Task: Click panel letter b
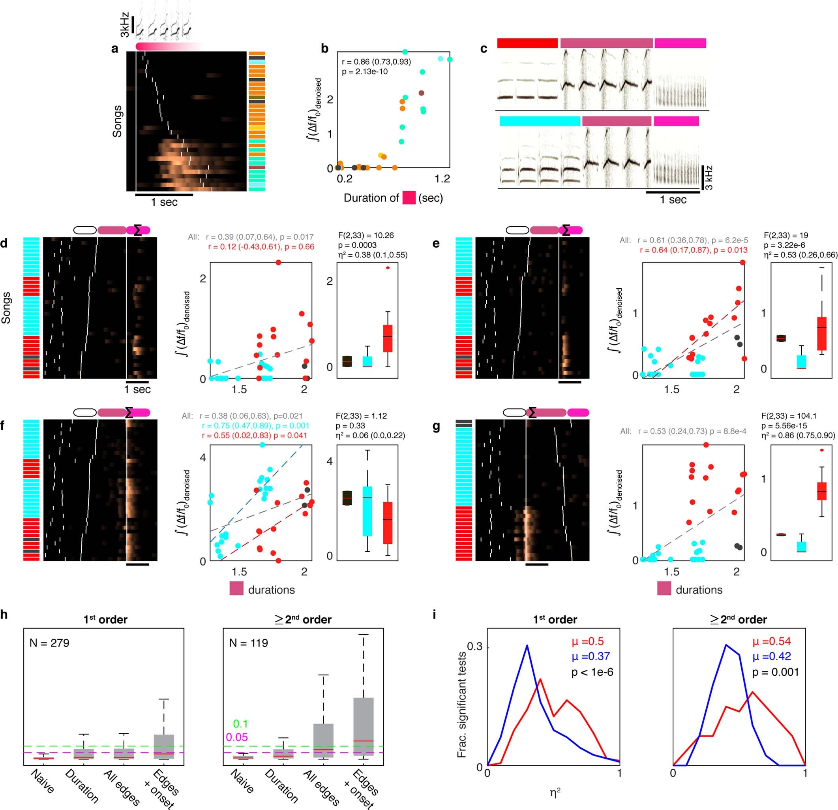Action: [325, 49]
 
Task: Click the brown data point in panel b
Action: [422, 93]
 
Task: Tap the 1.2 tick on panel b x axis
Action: [442, 179]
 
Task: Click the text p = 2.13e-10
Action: [365, 71]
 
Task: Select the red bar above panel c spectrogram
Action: [528, 43]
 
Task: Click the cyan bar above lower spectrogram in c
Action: [540, 121]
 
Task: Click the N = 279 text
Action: [49, 643]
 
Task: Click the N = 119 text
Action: [248, 643]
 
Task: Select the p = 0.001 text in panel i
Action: [775, 672]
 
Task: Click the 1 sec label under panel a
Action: [164, 202]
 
